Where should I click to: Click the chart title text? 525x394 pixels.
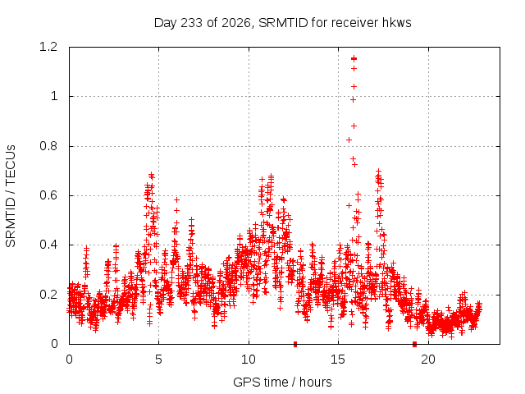coord(282,23)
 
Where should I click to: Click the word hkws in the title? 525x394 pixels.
coord(396,22)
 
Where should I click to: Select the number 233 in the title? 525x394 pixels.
coord(192,23)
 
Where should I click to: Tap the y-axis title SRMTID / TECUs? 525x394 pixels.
coord(11,196)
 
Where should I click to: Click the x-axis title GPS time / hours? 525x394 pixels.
coord(282,382)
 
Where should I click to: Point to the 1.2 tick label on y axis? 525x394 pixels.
coord(48,47)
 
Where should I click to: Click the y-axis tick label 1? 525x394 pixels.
coord(54,97)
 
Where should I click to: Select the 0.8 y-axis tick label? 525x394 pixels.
coord(48,146)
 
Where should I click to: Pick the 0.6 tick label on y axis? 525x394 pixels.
coord(48,195)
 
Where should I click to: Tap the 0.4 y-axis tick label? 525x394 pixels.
coord(48,245)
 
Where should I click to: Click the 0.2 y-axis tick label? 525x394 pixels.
coord(48,295)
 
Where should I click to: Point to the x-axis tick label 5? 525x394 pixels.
coord(158,360)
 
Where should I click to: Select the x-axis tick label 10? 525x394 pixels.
coord(249,360)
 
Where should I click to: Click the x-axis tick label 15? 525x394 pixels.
coord(338,360)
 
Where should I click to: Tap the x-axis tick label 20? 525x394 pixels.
coord(428,360)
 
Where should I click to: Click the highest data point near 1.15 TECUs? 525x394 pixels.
coord(354,58)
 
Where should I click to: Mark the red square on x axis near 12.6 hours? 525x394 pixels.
coord(295,344)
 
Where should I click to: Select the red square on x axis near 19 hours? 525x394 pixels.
coord(414,344)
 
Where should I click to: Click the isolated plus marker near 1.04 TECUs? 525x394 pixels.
coord(354,87)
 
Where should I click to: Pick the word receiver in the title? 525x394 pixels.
coord(355,23)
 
